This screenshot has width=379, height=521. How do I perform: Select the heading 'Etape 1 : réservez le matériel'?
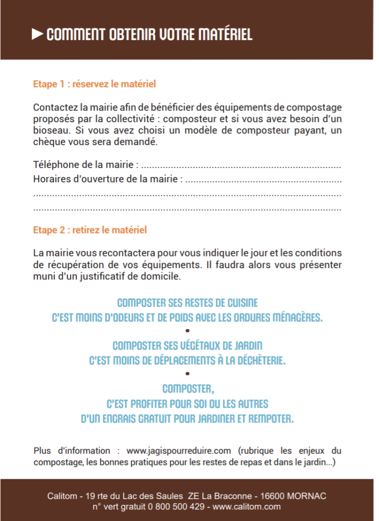pyautogui.click(x=94, y=84)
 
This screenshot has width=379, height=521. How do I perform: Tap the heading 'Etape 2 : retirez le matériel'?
pyautogui.click(x=90, y=230)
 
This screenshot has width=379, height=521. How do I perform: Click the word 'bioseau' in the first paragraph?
pyautogui.click(x=49, y=130)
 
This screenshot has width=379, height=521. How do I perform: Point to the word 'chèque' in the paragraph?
pyautogui.click(x=48, y=142)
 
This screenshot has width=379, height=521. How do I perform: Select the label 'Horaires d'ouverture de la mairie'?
pyautogui.click(x=107, y=179)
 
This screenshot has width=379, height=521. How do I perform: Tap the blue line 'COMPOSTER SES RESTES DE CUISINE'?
pyautogui.click(x=187, y=303)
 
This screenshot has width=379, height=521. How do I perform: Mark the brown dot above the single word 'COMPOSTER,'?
pyautogui.click(x=187, y=374)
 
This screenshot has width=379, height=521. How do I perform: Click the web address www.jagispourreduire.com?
pyautogui.click(x=179, y=451)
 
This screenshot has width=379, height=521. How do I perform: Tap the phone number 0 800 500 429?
pyautogui.click(x=176, y=506)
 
